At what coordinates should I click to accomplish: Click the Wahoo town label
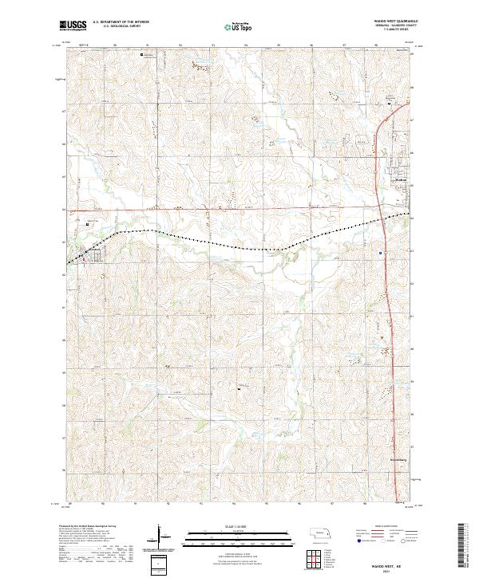pos(402,181)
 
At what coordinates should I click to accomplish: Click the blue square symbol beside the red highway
pos(381,254)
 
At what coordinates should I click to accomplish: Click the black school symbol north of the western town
pos(87,226)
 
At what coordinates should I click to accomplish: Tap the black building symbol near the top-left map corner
pos(143,55)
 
